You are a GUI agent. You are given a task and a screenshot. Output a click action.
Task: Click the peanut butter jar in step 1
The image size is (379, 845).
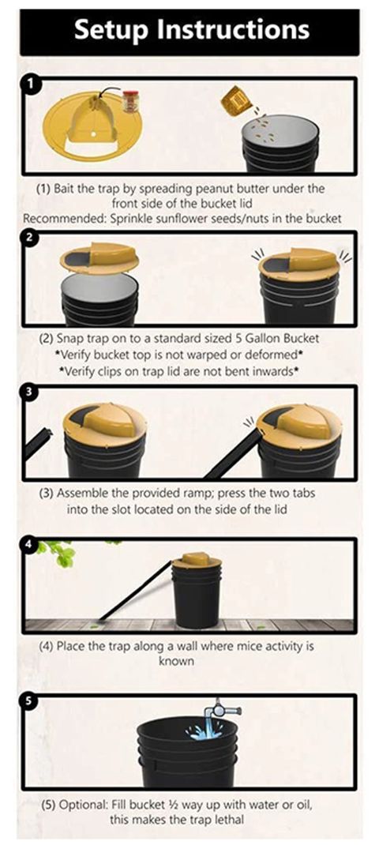[x=130, y=101]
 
